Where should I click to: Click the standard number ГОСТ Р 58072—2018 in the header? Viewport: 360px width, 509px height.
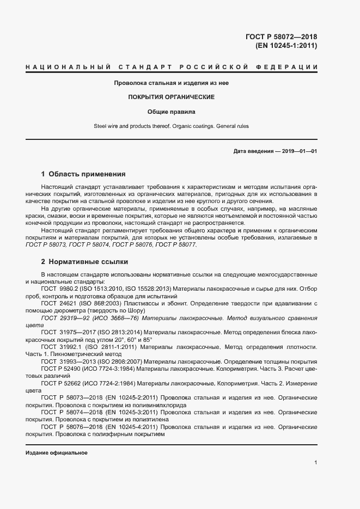282,37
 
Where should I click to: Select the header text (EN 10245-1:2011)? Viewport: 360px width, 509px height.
286,46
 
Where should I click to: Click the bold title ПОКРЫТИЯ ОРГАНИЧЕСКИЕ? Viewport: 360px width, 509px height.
171,97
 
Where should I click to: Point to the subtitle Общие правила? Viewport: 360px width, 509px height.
171,112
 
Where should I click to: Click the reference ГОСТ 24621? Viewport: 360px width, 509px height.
59,303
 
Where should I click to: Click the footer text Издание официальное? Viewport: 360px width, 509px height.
56,453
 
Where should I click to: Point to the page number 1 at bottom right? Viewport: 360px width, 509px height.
315,462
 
